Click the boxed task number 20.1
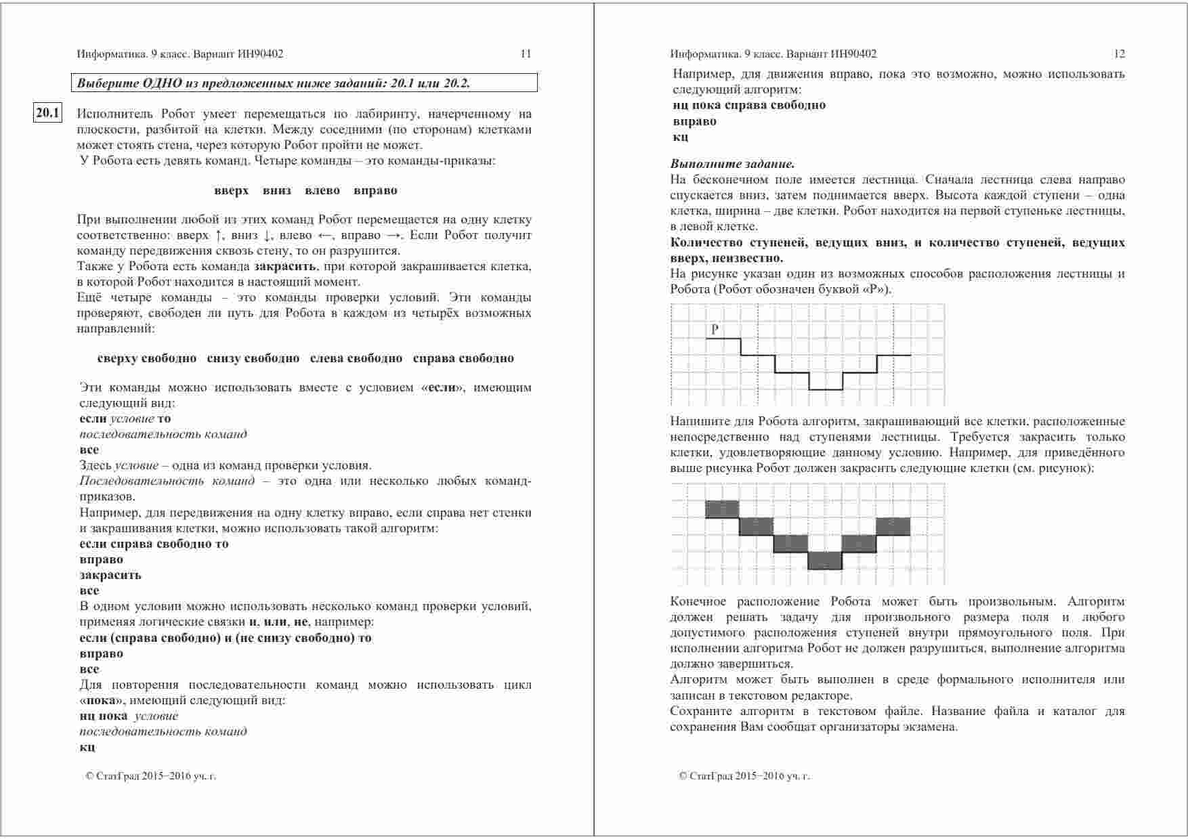[47, 113]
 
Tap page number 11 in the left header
[526, 54]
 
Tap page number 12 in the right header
[1119, 54]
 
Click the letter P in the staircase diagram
[715, 330]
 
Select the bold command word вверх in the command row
[231, 191]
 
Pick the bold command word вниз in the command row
[276, 191]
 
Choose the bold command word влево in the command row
[322, 191]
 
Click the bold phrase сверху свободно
[147, 359]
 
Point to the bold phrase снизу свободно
[253, 359]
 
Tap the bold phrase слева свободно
[356, 359]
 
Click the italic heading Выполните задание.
[732, 164]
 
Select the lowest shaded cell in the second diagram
[825, 561]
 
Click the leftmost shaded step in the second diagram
[722, 509]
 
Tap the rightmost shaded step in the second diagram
[893, 526]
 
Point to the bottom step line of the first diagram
[826, 389]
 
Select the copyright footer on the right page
[744, 776]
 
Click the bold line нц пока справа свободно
[749, 106]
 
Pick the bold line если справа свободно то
[154, 544]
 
